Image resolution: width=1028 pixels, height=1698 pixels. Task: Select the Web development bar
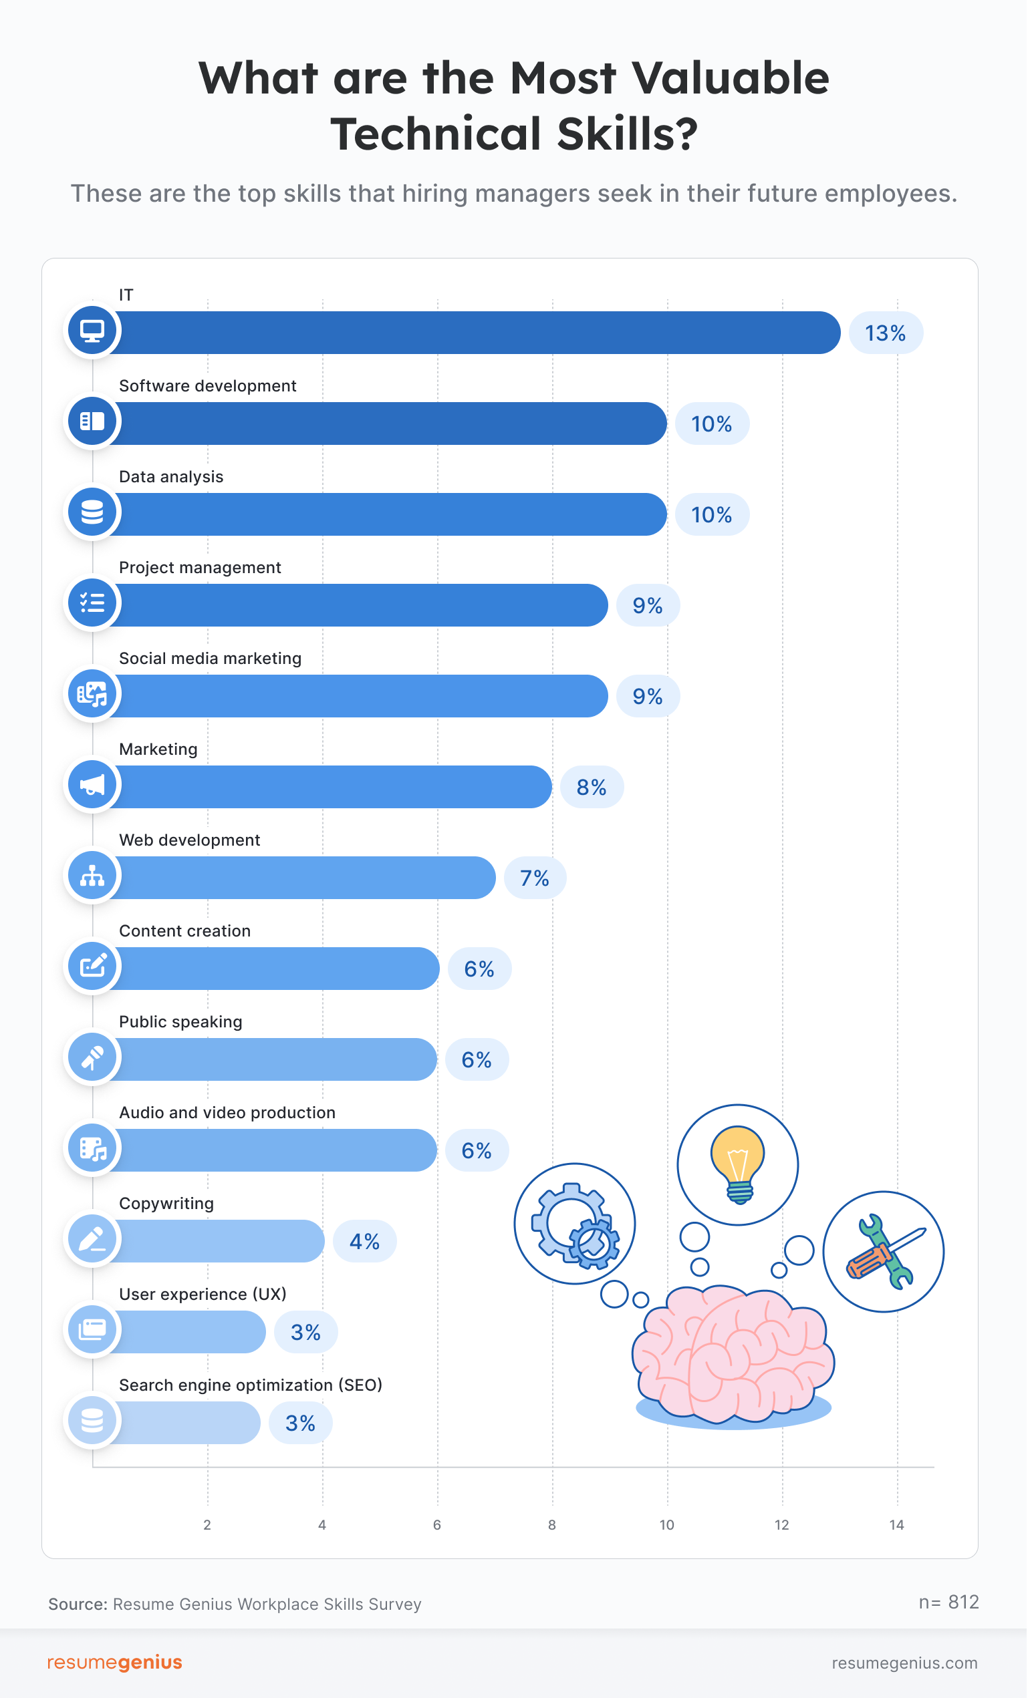pyautogui.click(x=303, y=877)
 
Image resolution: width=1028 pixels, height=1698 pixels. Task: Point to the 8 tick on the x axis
pyautogui.click(x=551, y=1525)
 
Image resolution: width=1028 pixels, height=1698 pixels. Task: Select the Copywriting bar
pyautogui.click(x=217, y=1240)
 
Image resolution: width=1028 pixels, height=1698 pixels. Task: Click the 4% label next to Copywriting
pyautogui.click(x=364, y=1241)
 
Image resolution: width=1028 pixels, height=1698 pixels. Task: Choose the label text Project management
pyautogui.click(x=200, y=567)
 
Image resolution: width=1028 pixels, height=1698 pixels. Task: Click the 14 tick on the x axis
pyautogui.click(x=896, y=1525)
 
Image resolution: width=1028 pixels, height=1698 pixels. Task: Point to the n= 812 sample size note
pyautogui.click(x=948, y=1602)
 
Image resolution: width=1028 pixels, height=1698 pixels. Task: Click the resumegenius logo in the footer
pyautogui.click(x=114, y=1662)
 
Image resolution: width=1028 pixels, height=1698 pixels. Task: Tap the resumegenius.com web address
pyautogui.click(x=904, y=1663)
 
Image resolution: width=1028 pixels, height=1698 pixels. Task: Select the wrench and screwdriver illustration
pyautogui.click(x=884, y=1250)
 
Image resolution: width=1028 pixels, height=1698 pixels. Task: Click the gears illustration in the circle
pyautogui.click(x=575, y=1224)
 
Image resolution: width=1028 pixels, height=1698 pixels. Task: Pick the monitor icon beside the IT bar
pyautogui.click(x=92, y=330)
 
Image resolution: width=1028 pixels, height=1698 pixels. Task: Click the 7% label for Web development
pyautogui.click(x=534, y=878)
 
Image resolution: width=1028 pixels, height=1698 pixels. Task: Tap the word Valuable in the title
pyautogui.click(x=730, y=78)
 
